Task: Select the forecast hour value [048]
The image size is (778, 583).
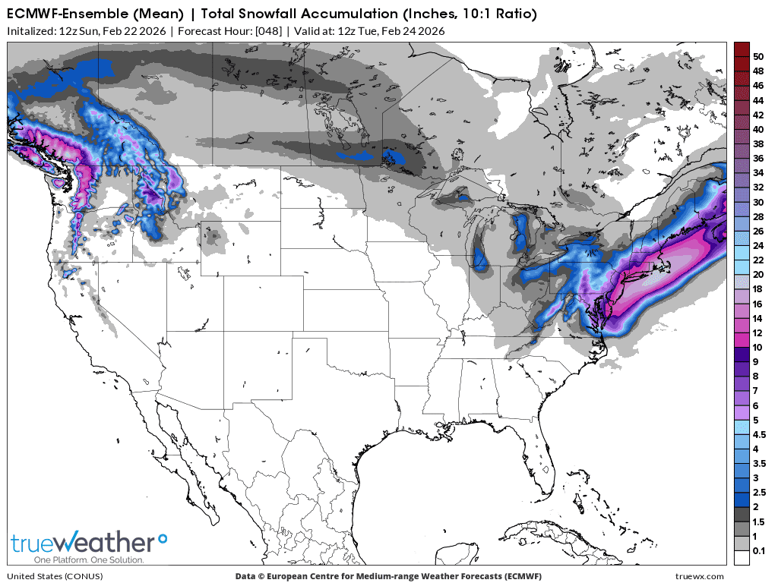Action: (268, 31)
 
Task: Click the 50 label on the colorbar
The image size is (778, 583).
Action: (758, 56)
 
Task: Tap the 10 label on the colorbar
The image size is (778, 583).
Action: (758, 346)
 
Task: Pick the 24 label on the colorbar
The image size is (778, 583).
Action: (758, 245)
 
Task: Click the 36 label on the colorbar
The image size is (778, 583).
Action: (758, 158)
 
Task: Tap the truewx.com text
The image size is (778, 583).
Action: (699, 576)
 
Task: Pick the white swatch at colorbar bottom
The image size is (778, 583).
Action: (742, 558)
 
